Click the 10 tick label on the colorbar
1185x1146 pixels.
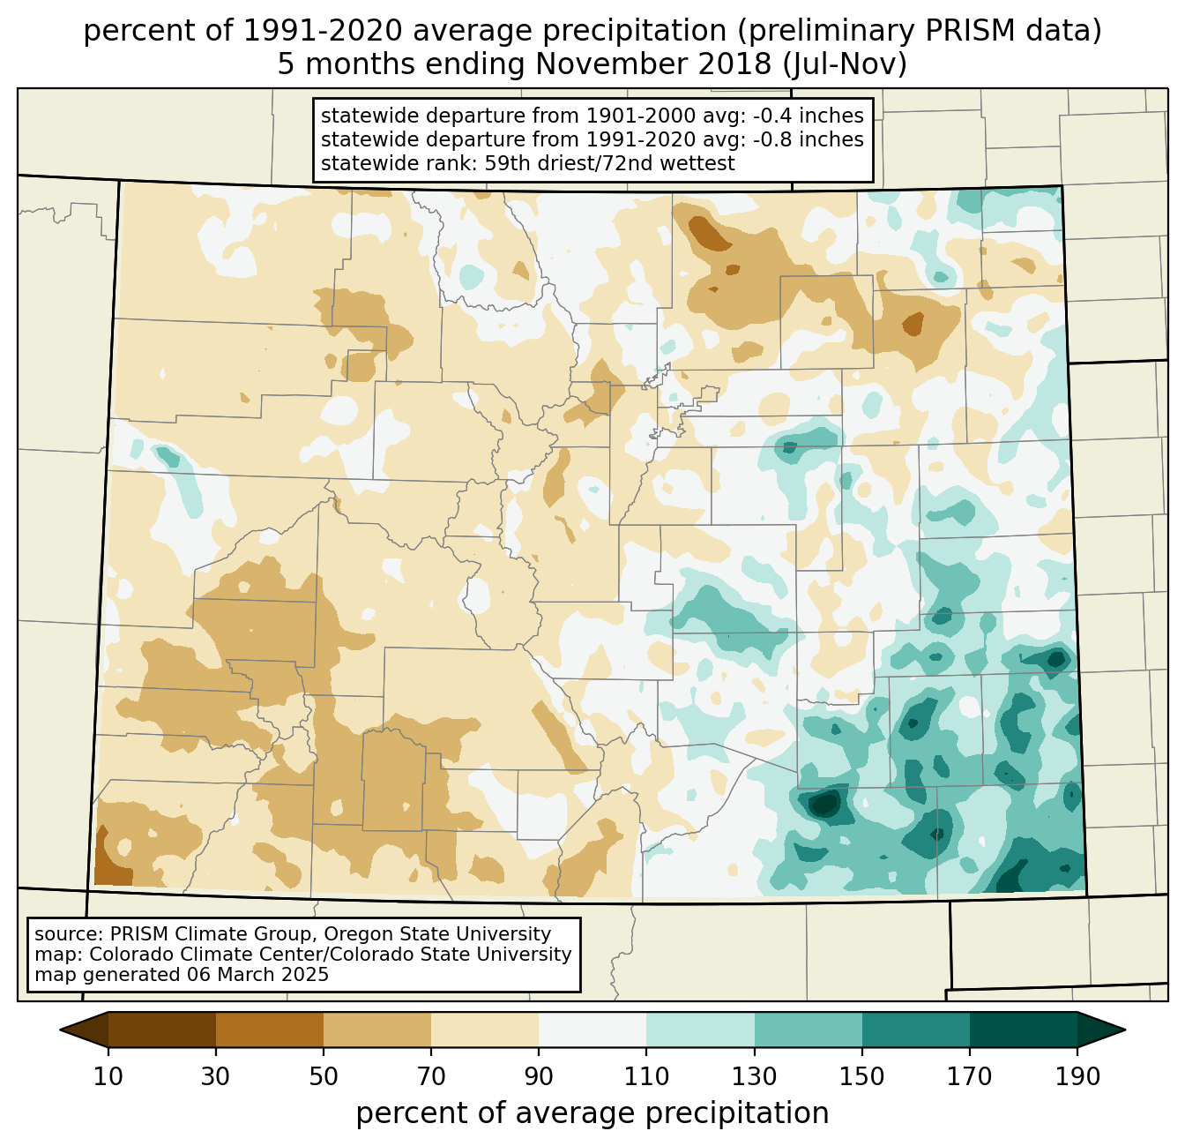click(108, 1077)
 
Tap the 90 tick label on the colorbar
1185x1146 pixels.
click(539, 1077)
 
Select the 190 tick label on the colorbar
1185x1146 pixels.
click(1077, 1077)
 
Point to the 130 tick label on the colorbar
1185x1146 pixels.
click(754, 1077)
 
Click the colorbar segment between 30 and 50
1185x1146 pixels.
click(270, 1030)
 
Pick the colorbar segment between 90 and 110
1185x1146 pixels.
click(592, 1030)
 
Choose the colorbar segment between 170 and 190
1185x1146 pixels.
click(1024, 1030)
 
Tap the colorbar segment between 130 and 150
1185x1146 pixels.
click(809, 1030)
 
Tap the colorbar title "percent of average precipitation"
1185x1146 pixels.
click(592, 1113)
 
